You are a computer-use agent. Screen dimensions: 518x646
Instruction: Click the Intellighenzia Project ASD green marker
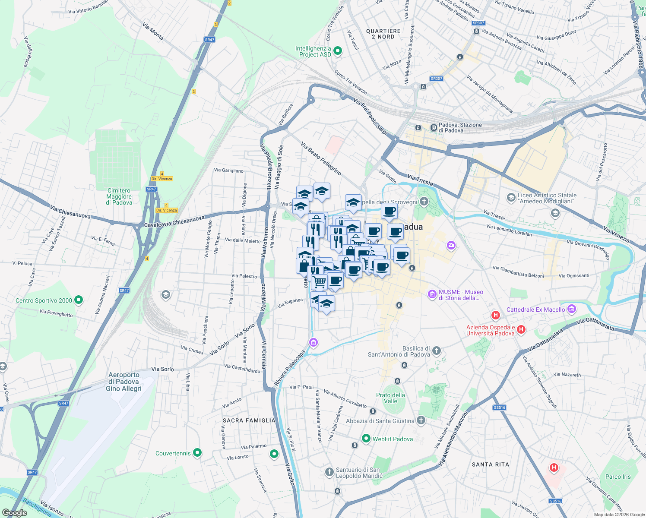[x=338, y=51]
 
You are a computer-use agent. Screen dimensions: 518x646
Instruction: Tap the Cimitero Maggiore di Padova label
[x=119, y=196]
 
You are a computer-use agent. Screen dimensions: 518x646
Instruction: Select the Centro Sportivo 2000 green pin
[x=79, y=300]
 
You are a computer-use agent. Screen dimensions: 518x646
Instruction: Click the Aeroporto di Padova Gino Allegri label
[x=124, y=382]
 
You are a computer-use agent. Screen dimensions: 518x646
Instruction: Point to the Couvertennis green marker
[x=197, y=453]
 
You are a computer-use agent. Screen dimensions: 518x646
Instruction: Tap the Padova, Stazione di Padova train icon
[x=434, y=127]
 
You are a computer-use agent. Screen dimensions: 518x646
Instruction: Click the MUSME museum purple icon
[x=432, y=294]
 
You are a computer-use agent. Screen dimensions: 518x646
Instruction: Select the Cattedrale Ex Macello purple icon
[x=572, y=309]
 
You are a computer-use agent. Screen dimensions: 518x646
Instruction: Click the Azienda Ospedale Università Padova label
[x=490, y=330]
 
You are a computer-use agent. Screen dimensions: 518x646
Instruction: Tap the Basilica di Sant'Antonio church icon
[x=437, y=351]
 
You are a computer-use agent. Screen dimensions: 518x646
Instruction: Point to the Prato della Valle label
[x=390, y=398]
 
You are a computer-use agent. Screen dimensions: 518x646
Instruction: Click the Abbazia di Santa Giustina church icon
[x=421, y=420]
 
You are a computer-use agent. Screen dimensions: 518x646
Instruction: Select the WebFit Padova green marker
[x=366, y=439]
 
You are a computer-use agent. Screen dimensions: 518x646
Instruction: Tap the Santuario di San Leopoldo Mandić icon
[x=329, y=472]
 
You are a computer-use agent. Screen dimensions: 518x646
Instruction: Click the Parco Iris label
[x=618, y=477]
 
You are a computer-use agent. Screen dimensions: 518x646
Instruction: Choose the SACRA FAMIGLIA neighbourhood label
[x=249, y=420]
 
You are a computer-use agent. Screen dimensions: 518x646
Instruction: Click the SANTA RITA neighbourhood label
[x=490, y=464]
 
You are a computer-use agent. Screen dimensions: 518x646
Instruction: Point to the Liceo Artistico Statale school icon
[x=511, y=198]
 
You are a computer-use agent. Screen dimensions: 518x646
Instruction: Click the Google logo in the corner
[x=14, y=512]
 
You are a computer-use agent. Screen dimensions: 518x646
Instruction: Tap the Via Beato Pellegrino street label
[x=321, y=159]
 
